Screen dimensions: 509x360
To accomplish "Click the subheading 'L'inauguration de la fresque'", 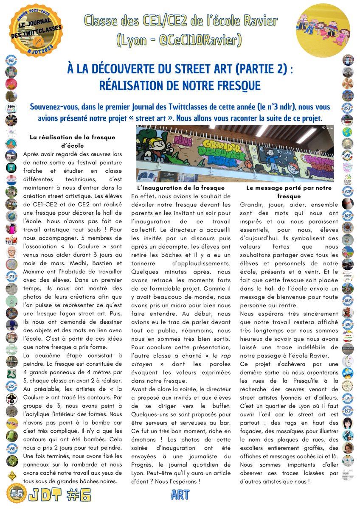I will pyautogui.click(x=181, y=187).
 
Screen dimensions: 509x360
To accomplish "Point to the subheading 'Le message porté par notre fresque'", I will pyautogui.click(x=289, y=192).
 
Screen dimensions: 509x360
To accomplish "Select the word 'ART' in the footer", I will pyautogui.click(x=180, y=494).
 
